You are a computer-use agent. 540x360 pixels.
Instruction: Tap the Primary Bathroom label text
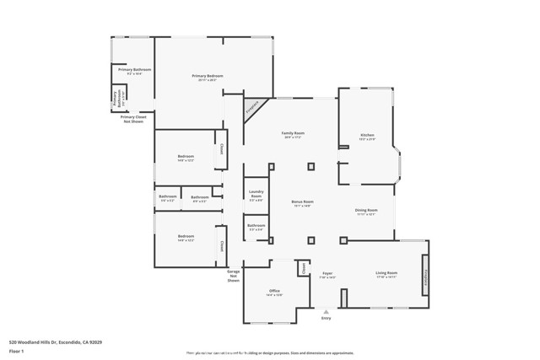pyautogui.click(x=134, y=71)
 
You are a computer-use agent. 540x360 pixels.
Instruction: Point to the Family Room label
pyautogui.click(x=293, y=135)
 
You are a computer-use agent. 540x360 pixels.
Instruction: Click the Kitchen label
pyautogui.click(x=367, y=137)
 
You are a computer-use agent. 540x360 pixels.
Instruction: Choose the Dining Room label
pyautogui.click(x=366, y=212)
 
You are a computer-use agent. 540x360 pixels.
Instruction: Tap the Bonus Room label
pyautogui.click(x=302, y=203)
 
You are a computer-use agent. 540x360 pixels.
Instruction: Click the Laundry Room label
pyautogui.click(x=256, y=196)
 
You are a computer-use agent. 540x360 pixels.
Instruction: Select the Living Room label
pyautogui.click(x=386, y=274)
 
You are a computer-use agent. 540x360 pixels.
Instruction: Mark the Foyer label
pyautogui.click(x=327, y=274)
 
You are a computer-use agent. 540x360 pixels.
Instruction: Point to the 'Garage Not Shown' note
pyautogui.click(x=234, y=276)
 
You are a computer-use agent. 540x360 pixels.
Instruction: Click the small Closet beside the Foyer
pyautogui.click(x=303, y=268)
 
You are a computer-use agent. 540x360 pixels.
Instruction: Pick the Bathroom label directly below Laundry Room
pyautogui.click(x=256, y=227)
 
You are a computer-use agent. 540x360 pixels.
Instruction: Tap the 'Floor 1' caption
pyautogui.click(x=17, y=350)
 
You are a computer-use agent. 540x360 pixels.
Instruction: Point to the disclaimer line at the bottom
pyautogui.click(x=270, y=353)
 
